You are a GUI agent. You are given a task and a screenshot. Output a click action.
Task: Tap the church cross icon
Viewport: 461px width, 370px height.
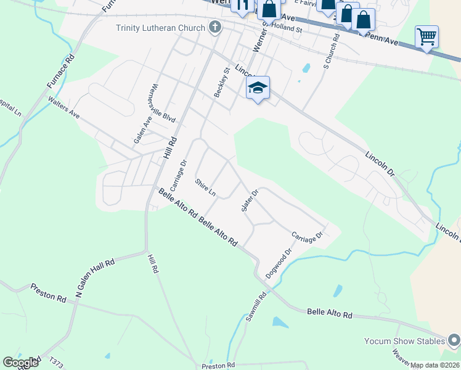pos(215,27)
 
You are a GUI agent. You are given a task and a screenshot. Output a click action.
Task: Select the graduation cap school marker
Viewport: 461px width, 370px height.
pos(258,88)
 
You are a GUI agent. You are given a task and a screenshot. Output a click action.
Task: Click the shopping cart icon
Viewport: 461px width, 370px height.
pos(426,36)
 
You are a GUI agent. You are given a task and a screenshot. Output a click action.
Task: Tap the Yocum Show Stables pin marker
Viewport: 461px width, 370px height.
pos(455,340)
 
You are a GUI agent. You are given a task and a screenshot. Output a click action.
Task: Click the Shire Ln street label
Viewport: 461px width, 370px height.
pos(205,187)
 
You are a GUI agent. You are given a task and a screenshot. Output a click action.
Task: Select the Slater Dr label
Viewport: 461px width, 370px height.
pos(249,200)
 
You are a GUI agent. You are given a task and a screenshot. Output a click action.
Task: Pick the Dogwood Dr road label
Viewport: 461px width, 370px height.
pos(279,263)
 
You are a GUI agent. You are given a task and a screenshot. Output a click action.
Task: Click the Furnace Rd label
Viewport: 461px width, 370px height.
pos(60,72)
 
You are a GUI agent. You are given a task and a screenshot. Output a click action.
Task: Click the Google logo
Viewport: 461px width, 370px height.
pos(21,363)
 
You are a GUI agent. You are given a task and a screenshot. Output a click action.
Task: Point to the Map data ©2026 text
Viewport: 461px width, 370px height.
pos(435,365)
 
